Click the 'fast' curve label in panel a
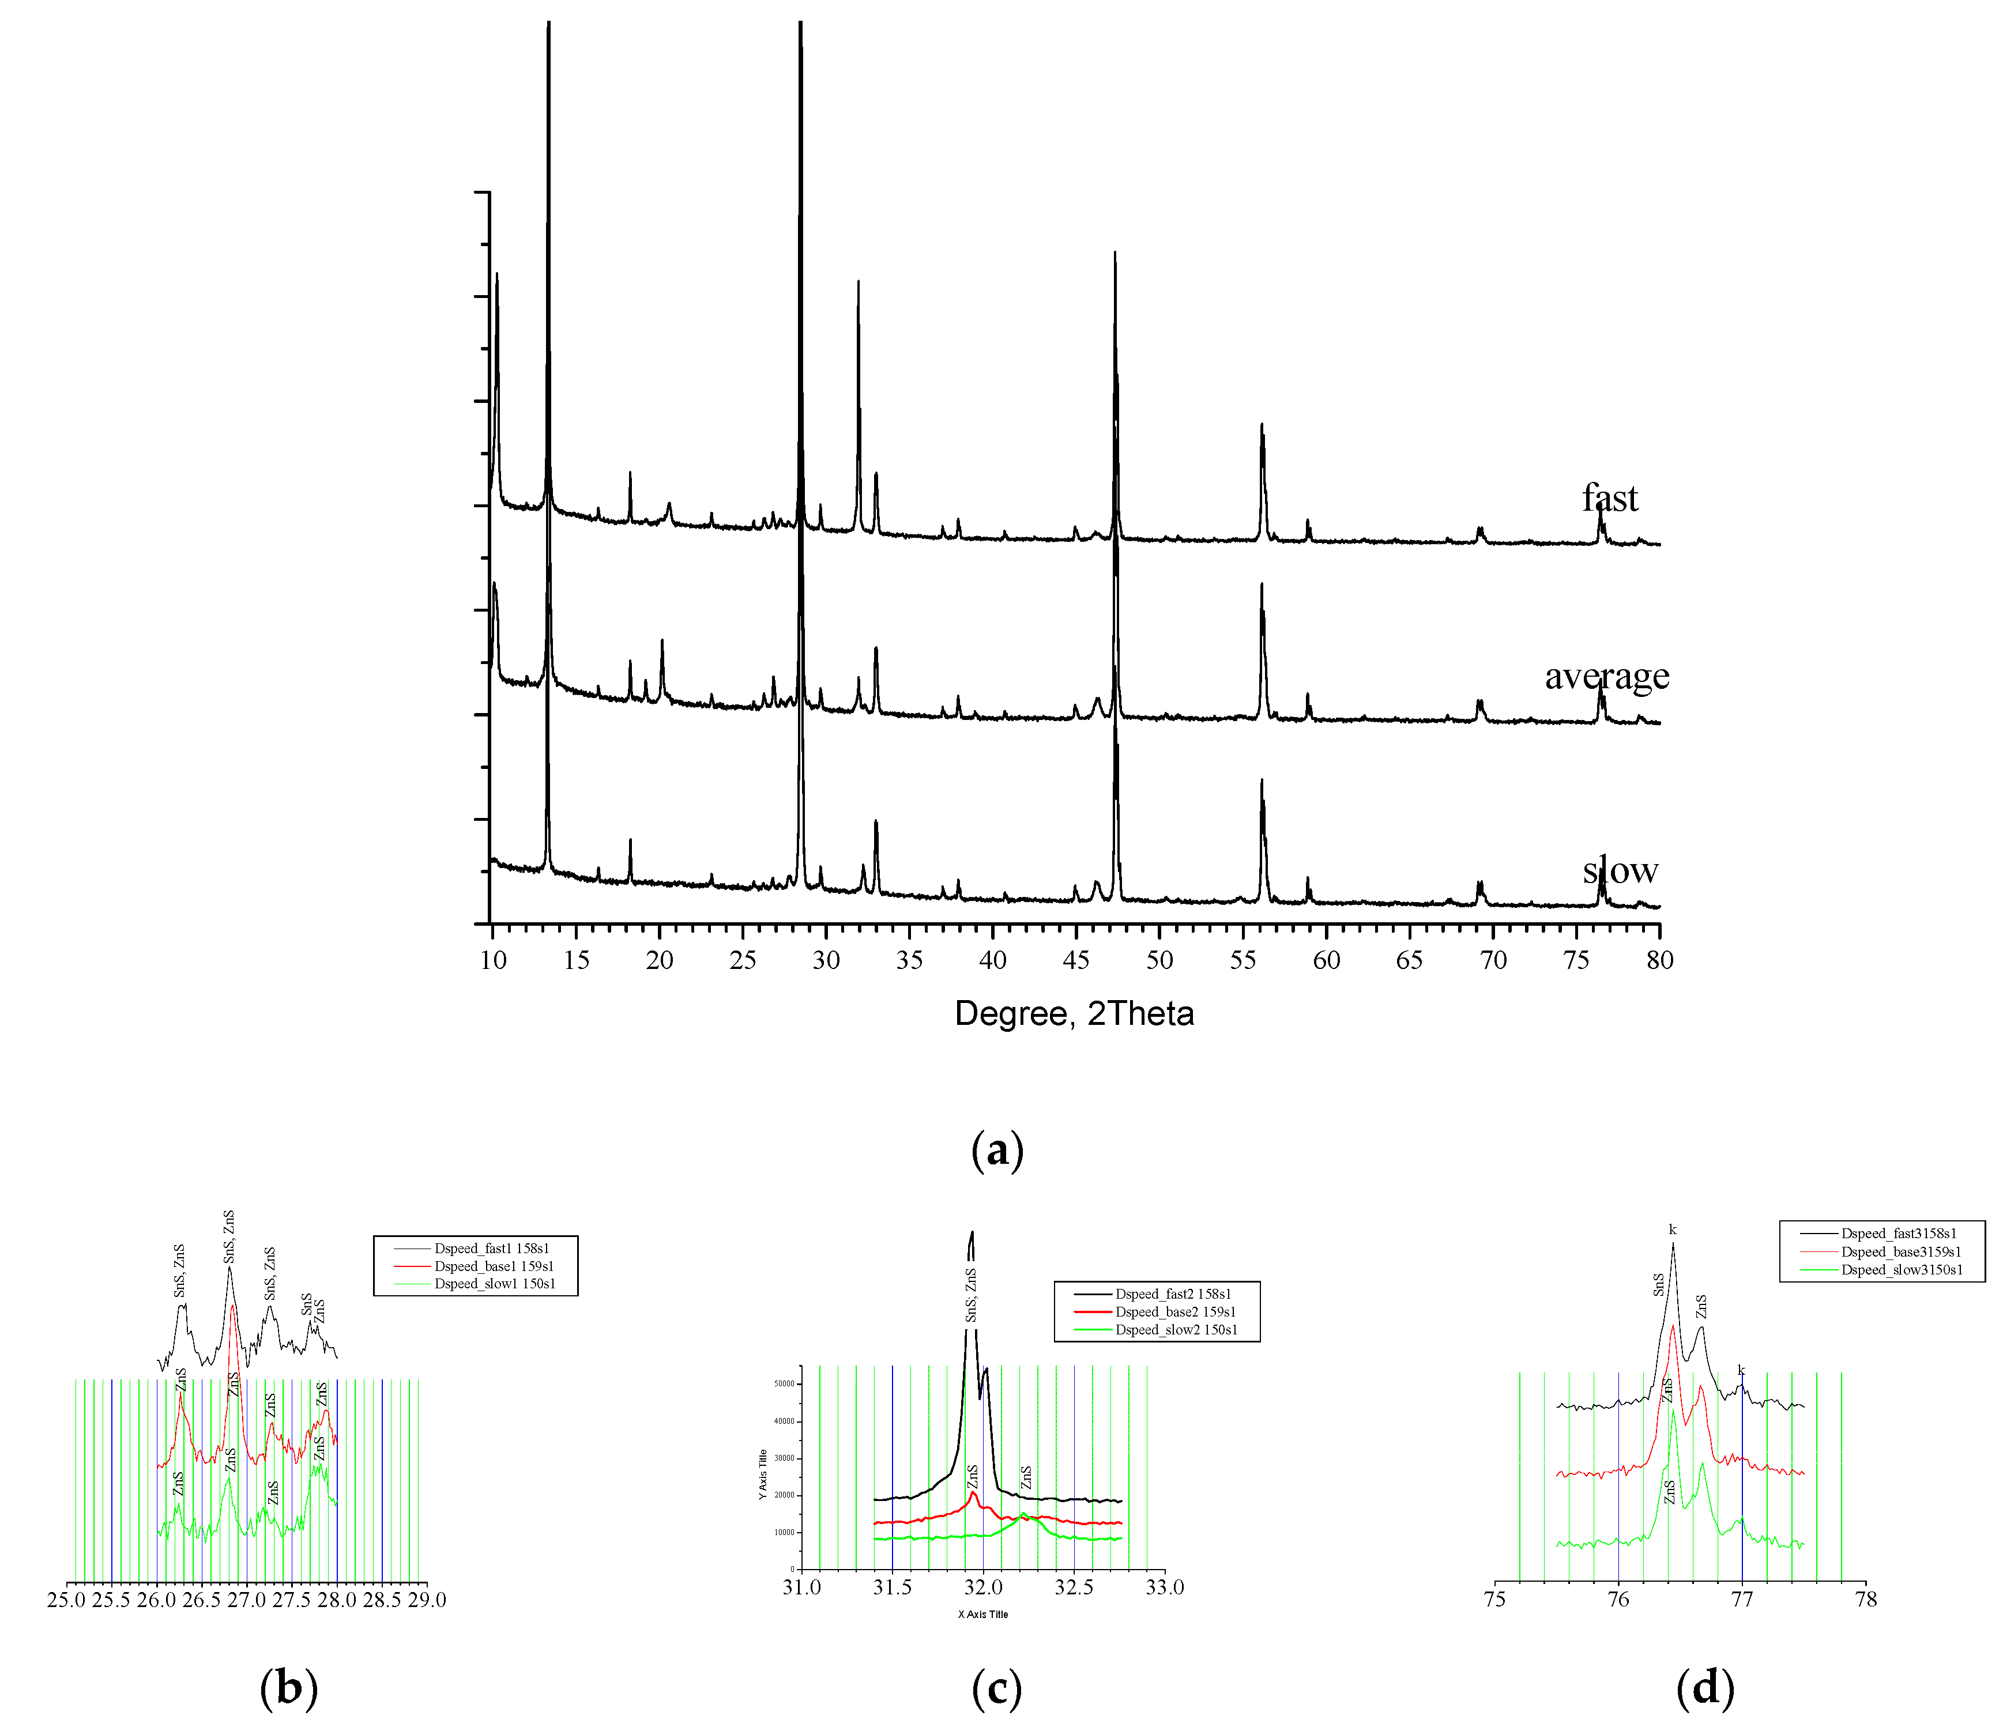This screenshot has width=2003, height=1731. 1610,498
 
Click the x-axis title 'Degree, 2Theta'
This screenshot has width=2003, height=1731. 1074,1013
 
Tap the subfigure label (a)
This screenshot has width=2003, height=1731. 997,1149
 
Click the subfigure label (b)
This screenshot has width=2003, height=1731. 289,1687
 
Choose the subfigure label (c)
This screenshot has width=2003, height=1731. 997,1687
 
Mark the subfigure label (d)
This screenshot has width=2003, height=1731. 1705,1687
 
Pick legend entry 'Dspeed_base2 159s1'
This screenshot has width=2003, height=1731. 1174,1311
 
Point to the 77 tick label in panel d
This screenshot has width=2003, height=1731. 1742,1600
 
